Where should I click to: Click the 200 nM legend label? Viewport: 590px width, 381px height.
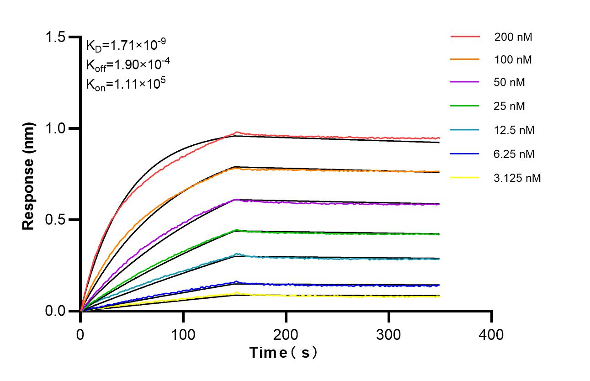pos(513,37)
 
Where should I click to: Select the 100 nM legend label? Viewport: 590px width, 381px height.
pos(513,60)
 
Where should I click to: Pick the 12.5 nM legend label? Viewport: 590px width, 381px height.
pos(514,130)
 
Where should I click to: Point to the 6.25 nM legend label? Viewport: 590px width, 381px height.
pos(514,154)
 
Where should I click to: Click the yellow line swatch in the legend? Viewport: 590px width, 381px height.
pos(465,177)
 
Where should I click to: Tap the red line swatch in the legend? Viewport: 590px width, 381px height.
pos(465,37)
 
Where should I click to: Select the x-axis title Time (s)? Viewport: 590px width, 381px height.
pos(283,353)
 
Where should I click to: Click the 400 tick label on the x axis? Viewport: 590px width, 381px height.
pos(491,334)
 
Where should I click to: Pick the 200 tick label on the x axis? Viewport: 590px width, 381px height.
pos(286,334)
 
